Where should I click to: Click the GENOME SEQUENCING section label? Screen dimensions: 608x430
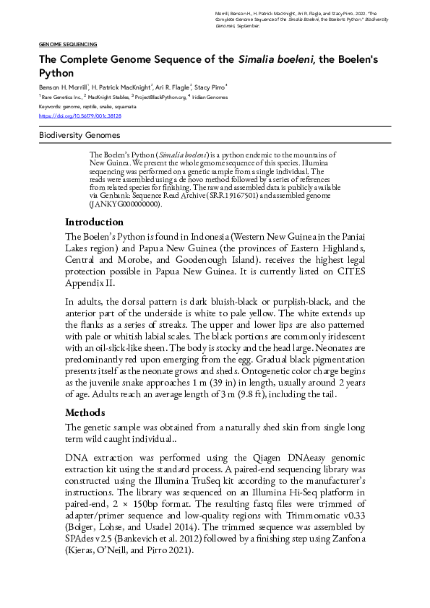[x=68, y=44]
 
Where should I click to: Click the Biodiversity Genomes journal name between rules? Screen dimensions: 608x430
[x=79, y=135]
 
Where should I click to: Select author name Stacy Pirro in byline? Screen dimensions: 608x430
[x=210, y=86]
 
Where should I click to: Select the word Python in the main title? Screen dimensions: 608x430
[x=56, y=73]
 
